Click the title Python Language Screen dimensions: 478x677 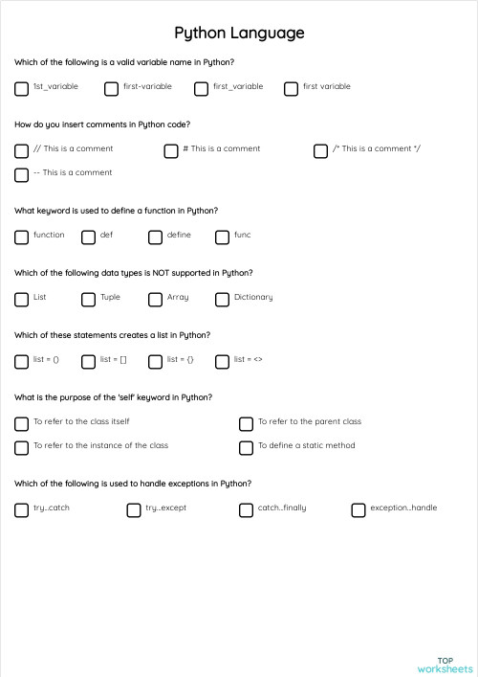pos(239,34)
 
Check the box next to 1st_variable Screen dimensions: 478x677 pos(22,89)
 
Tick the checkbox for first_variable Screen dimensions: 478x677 pos(202,89)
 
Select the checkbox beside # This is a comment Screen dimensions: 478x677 pos(171,151)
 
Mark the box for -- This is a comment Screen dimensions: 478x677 pos(22,175)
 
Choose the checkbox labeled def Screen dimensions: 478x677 pos(89,237)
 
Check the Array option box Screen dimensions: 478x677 pos(156,300)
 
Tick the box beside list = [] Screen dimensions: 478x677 pos(89,362)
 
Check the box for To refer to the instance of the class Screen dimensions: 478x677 pos(22,448)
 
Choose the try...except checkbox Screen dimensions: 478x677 pos(134,510)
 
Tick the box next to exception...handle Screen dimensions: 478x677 pos(358,510)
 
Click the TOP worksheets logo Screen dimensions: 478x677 pos(445,666)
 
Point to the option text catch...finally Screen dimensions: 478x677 pos(282,508)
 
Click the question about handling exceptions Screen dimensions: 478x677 pos(133,484)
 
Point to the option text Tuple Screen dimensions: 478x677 pos(111,297)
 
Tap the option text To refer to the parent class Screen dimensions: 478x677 pos(310,421)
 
